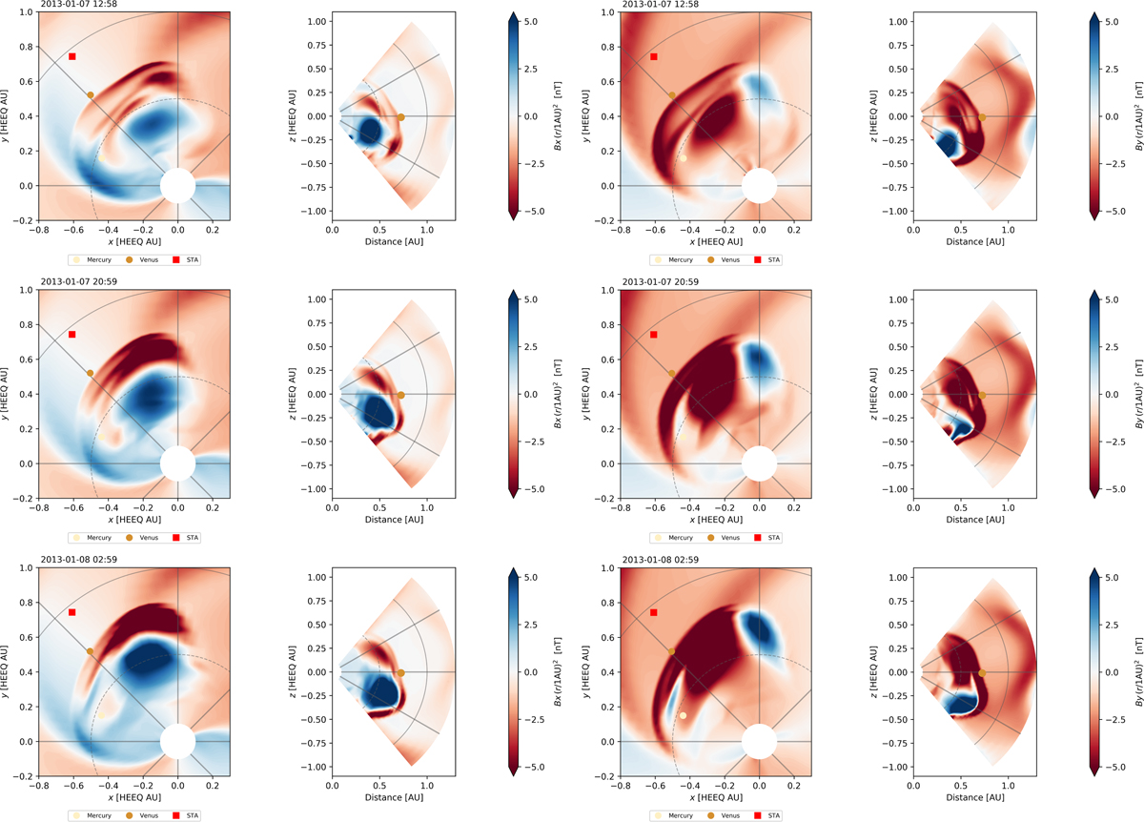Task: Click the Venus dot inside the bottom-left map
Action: coord(91,651)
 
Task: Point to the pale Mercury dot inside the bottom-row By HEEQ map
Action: coord(683,715)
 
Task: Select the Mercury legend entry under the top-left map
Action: coord(88,258)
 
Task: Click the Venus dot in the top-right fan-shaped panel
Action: coord(982,116)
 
